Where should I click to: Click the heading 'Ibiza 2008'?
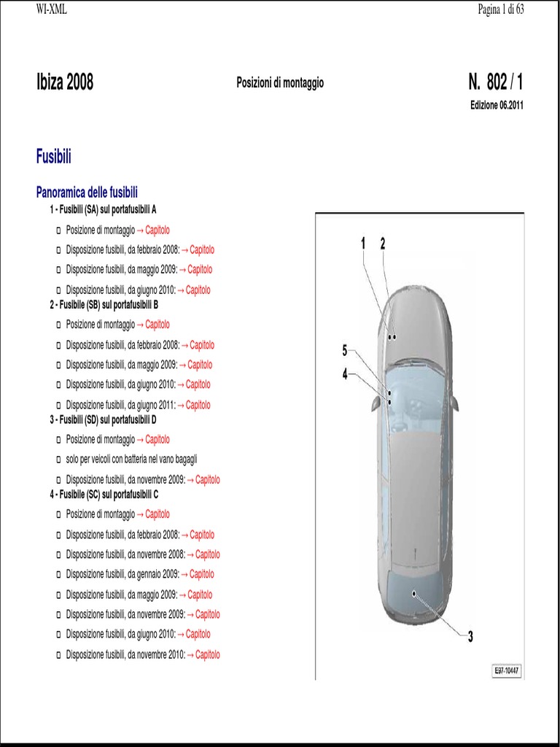point(65,82)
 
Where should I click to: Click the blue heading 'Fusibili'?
point(53,156)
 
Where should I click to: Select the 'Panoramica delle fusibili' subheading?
point(87,193)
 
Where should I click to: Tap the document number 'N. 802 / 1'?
point(496,82)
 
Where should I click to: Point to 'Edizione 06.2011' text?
point(497,105)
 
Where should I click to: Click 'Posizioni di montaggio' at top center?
point(280,83)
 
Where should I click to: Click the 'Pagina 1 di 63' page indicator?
point(501,9)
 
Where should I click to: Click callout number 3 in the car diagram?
point(470,637)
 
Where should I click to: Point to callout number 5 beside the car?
point(345,351)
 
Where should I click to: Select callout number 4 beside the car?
point(345,374)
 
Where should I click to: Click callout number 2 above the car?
point(382,245)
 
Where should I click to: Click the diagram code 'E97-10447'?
point(506,671)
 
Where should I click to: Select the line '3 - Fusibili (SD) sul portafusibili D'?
point(103,419)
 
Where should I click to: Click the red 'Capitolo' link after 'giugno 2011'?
point(198,405)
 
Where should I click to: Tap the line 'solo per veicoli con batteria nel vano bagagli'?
point(131,460)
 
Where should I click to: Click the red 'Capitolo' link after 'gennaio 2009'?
point(202,574)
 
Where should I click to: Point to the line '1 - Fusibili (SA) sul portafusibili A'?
point(103,209)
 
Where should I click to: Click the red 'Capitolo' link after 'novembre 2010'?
point(207,654)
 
